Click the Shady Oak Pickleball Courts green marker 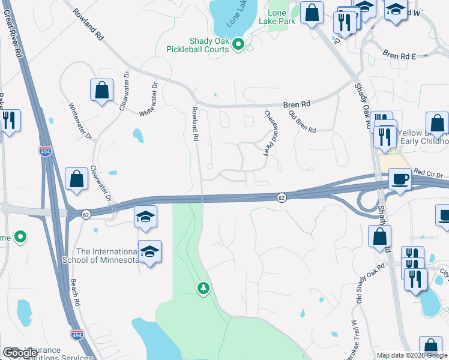pyautogui.click(x=238, y=44)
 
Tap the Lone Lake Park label pyautogui.click(x=277, y=17)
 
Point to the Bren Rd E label pyautogui.click(x=399, y=56)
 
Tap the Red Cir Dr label pyautogui.click(x=427, y=171)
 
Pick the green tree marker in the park pyautogui.click(x=203, y=288)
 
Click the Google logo pyautogui.click(x=20, y=353)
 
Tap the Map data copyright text pyautogui.click(x=412, y=355)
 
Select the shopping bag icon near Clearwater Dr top pyautogui.click(x=101, y=90)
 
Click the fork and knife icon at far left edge pyautogui.click(x=8, y=119)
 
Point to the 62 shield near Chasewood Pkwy pyautogui.click(x=281, y=197)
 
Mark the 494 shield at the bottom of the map pyautogui.click(x=76, y=334)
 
